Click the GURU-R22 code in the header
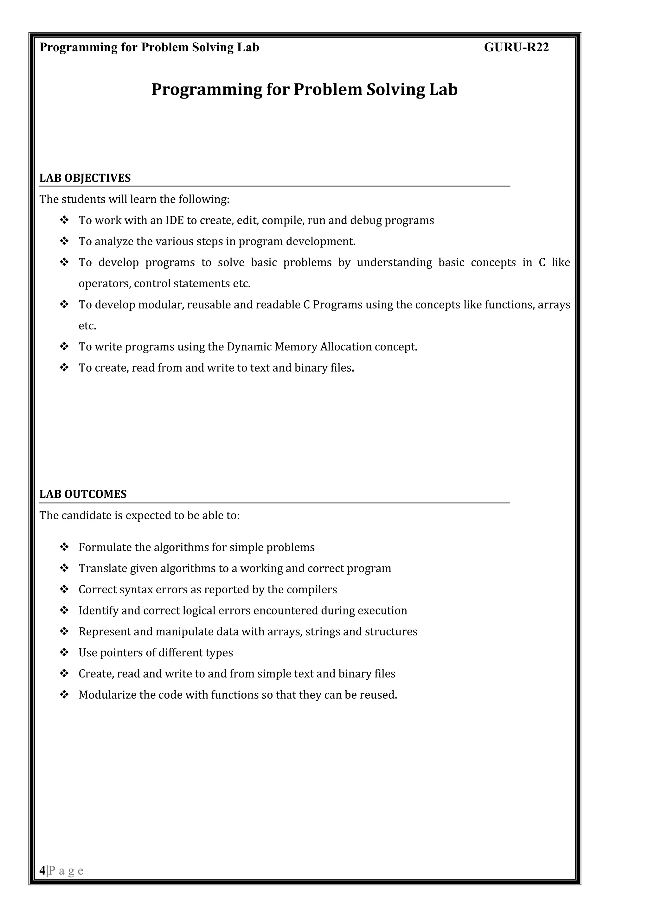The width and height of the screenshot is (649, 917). (x=516, y=48)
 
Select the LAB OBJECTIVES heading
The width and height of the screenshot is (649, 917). (x=85, y=178)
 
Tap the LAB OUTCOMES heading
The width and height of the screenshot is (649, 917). (x=83, y=494)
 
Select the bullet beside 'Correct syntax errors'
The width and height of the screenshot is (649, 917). (x=64, y=589)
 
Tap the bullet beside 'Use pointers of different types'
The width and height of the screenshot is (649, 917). (x=64, y=652)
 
